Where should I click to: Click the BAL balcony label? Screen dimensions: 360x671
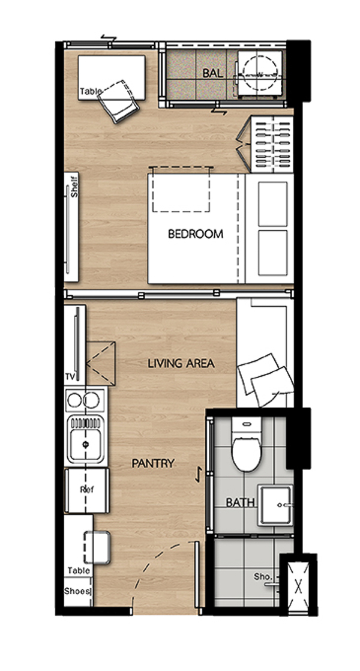(x=213, y=73)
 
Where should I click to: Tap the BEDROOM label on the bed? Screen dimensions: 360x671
(x=196, y=234)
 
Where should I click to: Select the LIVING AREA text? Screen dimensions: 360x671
(x=181, y=364)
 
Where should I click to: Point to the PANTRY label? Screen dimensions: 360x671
(x=152, y=463)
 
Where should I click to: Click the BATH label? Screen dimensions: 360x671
(x=240, y=502)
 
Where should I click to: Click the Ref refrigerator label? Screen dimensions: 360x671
(x=87, y=490)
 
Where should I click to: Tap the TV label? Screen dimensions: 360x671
(x=70, y=376)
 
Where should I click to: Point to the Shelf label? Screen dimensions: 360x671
(x=75, y=187)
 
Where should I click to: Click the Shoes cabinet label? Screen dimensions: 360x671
(x=77, y=591)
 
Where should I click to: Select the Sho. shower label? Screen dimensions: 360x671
(x=263, y=577)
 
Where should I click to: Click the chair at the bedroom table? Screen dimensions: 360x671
(x=118, y=101)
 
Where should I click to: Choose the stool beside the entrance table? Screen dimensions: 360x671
(x=97, y=547)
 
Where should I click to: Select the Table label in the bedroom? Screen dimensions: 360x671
(x=91, y=91)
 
